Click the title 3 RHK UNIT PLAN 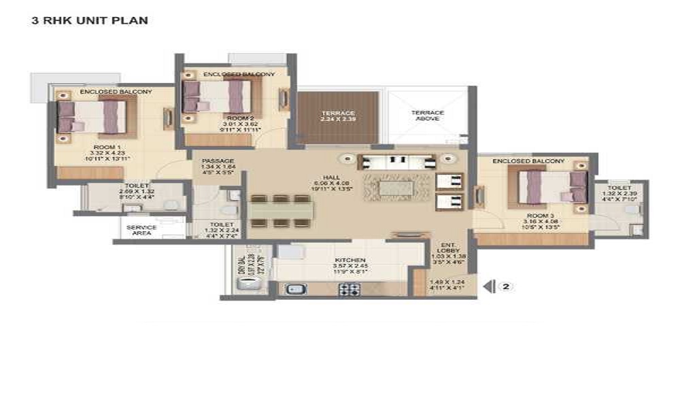[90, 20]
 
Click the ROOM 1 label [109, 146]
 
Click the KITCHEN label [350, 260]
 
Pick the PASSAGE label [218, 161]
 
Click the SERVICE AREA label [141, 230]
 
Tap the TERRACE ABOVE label [428, 116]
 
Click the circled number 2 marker [505, 287]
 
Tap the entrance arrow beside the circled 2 [488, 287]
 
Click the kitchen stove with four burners [349, 288]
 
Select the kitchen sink [296, 288]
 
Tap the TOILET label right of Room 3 [619, 188]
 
